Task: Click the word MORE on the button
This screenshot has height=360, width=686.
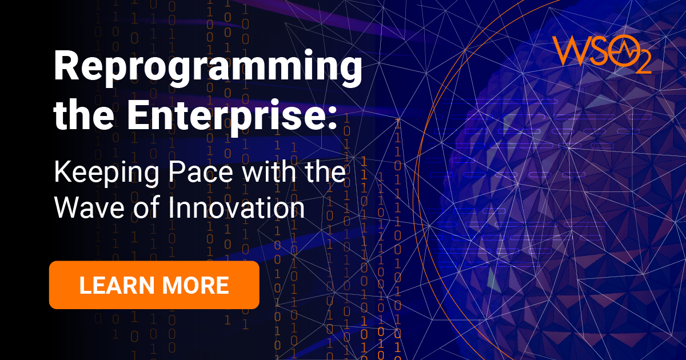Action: tap(196, 285)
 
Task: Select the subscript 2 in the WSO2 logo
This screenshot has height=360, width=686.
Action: tap(642, 65)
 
